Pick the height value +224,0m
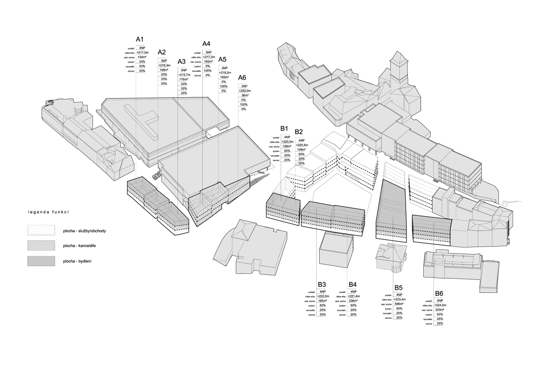click(440, 305)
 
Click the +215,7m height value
click(184, 74)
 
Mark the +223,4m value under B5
click(399, 299)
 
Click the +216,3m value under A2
click(164, 66)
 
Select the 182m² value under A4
click(208, 62)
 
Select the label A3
click(182, 62)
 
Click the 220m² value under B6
click(440, 310)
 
